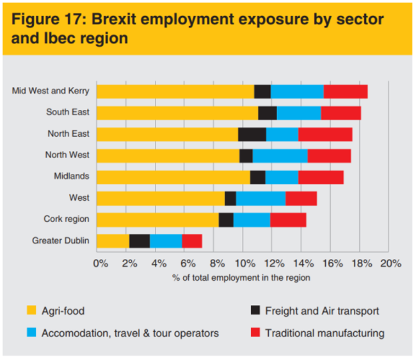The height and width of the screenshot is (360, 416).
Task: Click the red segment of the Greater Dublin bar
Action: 192,241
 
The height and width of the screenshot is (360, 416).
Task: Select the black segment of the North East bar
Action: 252,134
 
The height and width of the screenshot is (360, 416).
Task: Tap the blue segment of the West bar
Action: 260,198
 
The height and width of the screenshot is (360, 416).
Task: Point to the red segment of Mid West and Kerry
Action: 346,91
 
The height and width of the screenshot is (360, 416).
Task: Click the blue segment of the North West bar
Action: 280,155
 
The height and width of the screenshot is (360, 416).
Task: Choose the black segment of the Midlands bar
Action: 257,177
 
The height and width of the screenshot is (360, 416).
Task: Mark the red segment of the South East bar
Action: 340,113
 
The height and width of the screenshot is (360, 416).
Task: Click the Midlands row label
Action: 71,176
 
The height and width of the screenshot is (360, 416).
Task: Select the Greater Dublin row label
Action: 60,240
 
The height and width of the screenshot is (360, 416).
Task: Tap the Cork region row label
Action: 66,219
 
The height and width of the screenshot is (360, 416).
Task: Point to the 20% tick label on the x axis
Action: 390,263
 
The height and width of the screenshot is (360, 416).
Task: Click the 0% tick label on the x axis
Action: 100,263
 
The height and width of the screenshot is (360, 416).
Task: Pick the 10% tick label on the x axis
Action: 246,263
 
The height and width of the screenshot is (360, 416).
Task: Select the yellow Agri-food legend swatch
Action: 31,311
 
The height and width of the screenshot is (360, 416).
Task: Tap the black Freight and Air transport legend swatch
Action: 254,311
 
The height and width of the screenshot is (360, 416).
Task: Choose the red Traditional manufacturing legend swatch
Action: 254,333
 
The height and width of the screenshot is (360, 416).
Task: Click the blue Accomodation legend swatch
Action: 31,333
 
